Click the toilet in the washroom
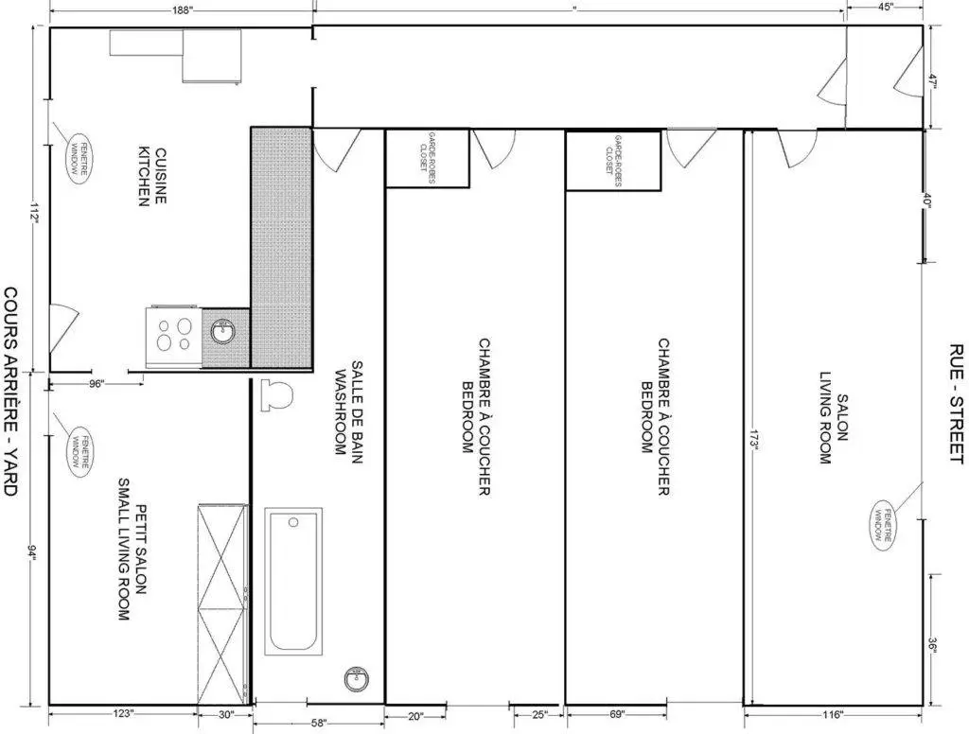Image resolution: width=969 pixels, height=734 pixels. pos(277,395)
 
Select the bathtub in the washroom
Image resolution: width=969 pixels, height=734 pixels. pos(292,579)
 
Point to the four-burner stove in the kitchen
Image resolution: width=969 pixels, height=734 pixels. pos(172,337)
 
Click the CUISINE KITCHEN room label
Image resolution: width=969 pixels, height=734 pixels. pos(152,178)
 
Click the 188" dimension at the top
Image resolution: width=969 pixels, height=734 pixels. pos(184,10)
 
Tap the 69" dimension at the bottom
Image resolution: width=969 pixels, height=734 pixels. pos(616,714)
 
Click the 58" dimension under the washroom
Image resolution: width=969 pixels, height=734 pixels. pos(318,724)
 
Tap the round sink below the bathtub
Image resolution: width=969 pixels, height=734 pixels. pos(358,677)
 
